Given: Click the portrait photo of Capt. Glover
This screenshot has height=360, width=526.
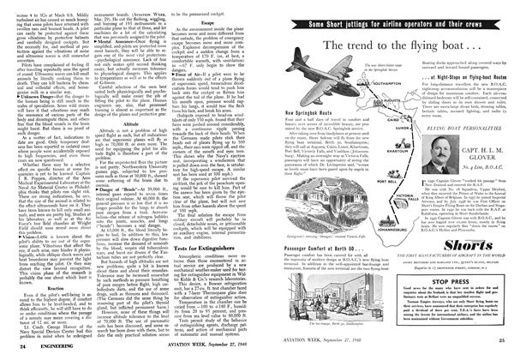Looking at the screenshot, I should point(432,179).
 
